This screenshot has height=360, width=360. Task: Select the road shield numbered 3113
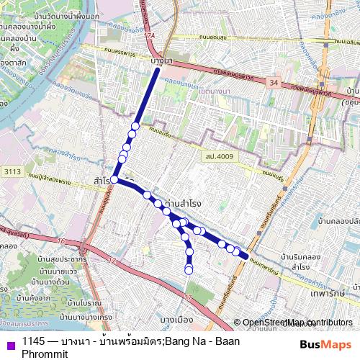pyautogui.click(x=12, y=171)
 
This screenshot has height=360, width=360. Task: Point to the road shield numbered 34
pyautogui.click(x=273, y=84)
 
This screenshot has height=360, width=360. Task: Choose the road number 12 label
pyautogui.click(x=112, y=261)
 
